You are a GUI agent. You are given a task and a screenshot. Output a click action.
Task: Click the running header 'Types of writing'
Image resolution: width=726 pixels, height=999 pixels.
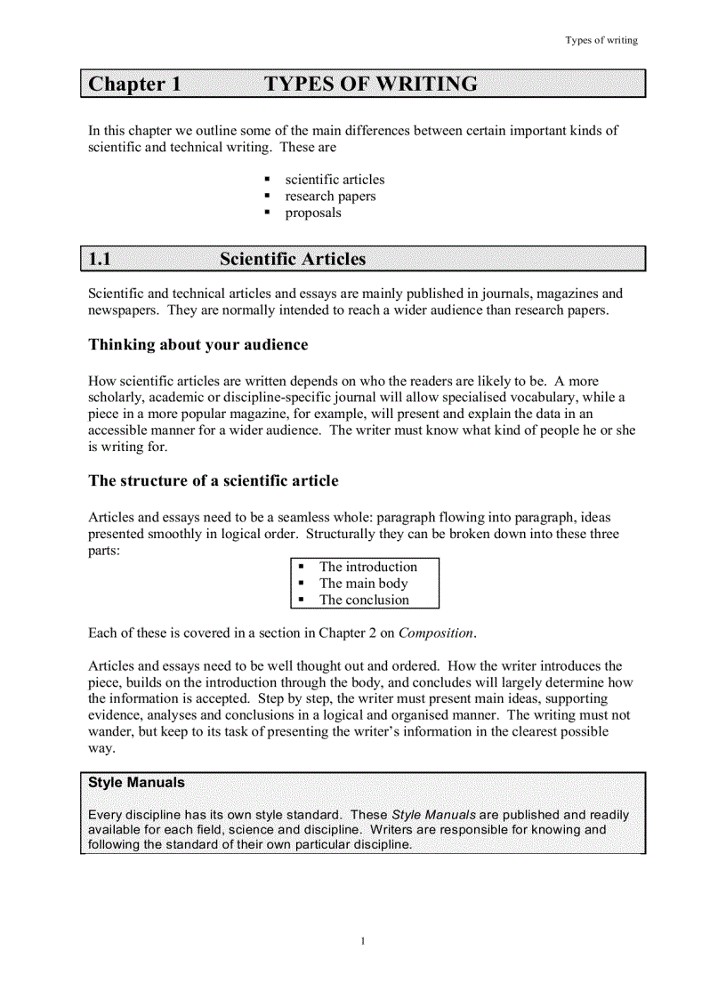(x=601, y=40)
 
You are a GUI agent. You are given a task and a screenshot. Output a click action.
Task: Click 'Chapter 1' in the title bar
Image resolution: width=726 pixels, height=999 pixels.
(x=134, y=85)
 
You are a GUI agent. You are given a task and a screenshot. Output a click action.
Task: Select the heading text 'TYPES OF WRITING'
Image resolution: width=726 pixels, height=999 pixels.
(x=370, y=85)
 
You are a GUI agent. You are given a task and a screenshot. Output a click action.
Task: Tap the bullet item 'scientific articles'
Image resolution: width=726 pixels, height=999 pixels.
(x=335, y=179)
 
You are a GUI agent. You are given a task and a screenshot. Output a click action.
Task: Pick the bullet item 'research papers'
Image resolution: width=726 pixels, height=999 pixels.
(x=330, y=196)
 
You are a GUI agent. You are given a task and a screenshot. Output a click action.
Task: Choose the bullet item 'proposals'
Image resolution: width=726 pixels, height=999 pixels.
(x=313, y=213)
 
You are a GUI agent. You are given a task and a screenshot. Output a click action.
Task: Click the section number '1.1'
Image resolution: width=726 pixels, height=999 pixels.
(x=101, y=259)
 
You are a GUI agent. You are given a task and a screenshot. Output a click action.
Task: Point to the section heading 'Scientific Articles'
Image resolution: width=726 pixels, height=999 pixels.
(x=293, y=259)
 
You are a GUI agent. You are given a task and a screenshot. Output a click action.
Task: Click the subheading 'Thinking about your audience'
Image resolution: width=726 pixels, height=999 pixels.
(x=198, y=344)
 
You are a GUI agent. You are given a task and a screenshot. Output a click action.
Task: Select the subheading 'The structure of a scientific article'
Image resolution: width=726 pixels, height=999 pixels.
(x=213, y=480)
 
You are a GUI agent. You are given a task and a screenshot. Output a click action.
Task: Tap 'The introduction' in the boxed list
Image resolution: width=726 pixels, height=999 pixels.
(x=367, y=567)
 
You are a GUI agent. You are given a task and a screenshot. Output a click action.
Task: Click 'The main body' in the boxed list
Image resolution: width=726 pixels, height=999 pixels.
(x=363, y=584)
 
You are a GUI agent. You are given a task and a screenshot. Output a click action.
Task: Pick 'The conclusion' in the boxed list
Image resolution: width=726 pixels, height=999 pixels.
(x=364, y=600)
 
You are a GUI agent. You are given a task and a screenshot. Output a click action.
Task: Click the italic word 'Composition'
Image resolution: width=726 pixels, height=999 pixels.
(x=436, y=632)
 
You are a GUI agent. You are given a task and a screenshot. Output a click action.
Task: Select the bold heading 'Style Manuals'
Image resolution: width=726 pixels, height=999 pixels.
(x=136, y=783)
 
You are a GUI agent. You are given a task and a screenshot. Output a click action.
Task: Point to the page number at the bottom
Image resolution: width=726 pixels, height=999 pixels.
(x=363, y=941)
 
